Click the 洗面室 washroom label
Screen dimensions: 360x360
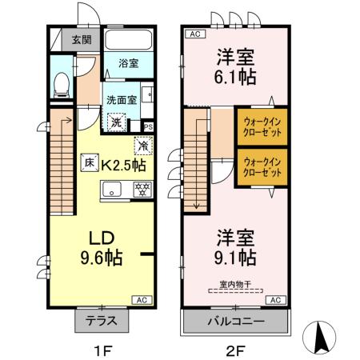click(123, 100)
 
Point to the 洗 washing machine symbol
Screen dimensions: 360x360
click(117, 123)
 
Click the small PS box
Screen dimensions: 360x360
click(148, 126)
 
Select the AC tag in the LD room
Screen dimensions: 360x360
click(141, 299)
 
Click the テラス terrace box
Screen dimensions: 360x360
click(102, 321)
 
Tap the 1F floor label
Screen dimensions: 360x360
click(100, 348)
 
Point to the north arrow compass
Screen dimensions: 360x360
click(323, 336)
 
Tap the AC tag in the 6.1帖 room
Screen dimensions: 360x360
click(194, 34)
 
